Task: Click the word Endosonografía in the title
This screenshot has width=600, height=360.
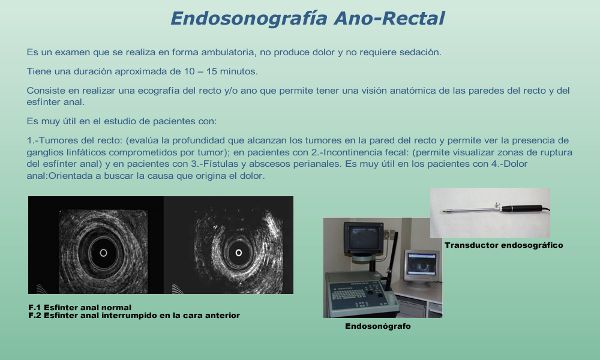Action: point(250,19)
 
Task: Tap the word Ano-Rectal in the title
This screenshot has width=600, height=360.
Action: point(389,18)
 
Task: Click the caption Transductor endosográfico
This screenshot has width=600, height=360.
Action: point(503,245)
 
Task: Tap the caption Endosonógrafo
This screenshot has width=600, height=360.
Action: point(377,326)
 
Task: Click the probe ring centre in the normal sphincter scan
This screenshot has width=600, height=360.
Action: point(103,253)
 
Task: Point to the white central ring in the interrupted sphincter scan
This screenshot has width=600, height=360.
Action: point(239,253)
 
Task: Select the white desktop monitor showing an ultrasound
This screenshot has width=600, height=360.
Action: point(421,265)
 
